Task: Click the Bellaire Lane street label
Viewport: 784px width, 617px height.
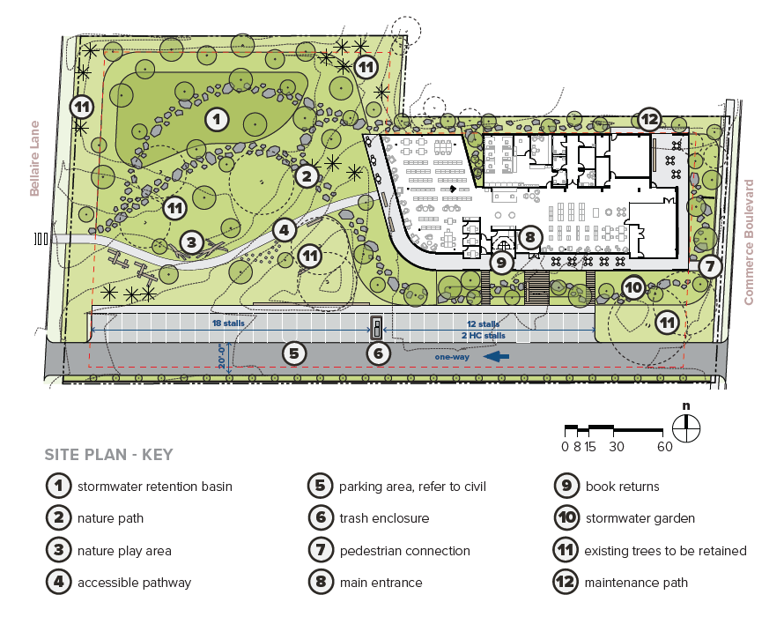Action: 34,158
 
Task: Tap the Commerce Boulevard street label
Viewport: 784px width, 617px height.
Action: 749,242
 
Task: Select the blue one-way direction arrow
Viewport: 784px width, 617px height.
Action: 497,356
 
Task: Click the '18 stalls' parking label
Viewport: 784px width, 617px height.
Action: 228,323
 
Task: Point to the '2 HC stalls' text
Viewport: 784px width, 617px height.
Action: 483,335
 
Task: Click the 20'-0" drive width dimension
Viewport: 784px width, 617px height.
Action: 222,356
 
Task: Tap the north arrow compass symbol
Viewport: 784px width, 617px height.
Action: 686,428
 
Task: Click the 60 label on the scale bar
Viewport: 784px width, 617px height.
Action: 664,446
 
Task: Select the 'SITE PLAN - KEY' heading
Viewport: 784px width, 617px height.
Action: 108,454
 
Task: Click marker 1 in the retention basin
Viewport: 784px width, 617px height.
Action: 217,120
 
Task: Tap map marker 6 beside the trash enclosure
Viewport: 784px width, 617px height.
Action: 378,353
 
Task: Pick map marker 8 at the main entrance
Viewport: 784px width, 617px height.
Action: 530,237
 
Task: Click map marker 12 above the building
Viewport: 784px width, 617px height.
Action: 649,120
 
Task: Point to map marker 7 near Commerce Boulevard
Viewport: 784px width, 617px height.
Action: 710,266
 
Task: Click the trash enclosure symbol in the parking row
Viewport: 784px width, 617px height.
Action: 376,327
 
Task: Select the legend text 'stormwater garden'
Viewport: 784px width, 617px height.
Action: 640,518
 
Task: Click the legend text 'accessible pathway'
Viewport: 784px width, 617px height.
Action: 134,583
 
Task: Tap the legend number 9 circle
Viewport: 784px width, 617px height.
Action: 566,486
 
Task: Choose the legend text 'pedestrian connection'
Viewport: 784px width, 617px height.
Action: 404,551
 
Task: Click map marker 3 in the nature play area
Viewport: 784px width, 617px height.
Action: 191,242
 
